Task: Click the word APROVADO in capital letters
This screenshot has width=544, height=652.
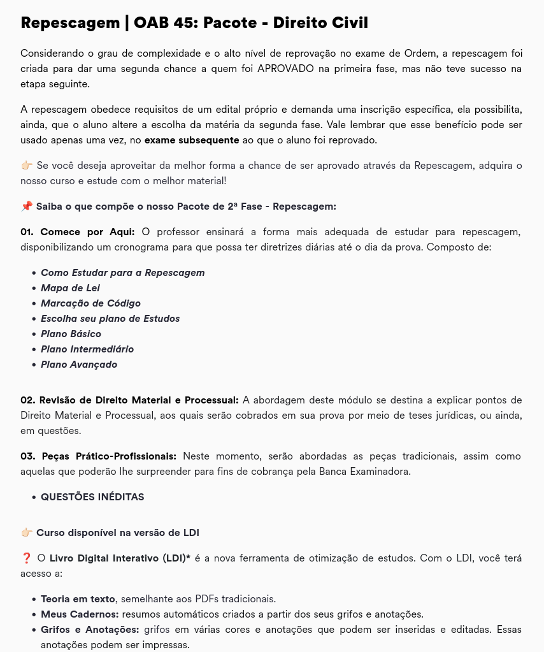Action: (285, 68)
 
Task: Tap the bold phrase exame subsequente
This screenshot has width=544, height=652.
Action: (192, 140)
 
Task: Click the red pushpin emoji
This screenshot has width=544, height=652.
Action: (27, 206)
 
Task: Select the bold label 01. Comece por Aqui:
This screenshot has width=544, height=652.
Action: (78, 231)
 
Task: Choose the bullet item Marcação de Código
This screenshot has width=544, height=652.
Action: (90, 303)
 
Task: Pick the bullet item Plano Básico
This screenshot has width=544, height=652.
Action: (71, 333)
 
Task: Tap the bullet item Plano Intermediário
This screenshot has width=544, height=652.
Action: (87, 349)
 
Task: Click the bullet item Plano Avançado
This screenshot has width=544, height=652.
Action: (79, 364)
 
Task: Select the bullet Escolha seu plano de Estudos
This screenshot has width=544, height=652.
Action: (110, 318)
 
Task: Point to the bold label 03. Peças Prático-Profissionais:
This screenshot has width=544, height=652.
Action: (99, 456)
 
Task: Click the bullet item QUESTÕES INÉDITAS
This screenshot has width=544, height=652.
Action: (92, 496)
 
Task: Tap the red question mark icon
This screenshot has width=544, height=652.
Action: (26, 558)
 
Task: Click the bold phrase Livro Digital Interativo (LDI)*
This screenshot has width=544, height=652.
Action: (120, 558)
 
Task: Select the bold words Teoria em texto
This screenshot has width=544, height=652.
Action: (78, 598)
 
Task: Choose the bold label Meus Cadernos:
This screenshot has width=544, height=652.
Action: (80, 614)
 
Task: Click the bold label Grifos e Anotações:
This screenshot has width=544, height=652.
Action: (90, 629)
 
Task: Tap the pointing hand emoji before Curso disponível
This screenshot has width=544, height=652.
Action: (27, 532)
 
